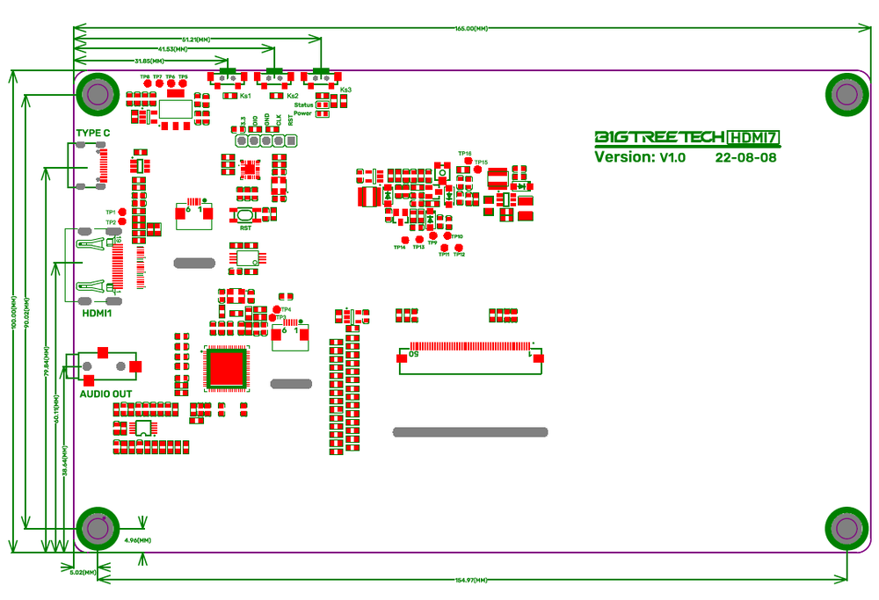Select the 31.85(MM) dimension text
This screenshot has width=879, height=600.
(x=149, y=61)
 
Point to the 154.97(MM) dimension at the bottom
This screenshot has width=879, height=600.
(x=470, y=580)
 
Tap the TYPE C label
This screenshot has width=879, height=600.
(x=93, y=134)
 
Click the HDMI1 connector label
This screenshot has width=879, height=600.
(x=98, y=313)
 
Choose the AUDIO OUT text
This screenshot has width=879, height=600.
(x=106, y=394)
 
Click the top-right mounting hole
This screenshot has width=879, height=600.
(x=846, y=94)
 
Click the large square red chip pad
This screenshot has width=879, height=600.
(x=227, y=367)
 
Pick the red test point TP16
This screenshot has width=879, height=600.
(x=467, y=160)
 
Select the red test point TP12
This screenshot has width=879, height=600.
(x=459, y=248)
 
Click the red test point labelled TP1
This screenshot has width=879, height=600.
(x=122, y=213)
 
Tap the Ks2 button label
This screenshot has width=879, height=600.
(x=292, y=95)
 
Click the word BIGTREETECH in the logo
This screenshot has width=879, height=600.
(x=659, y=137)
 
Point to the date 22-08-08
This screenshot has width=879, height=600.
(x=745, y=158)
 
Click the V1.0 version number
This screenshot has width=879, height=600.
(x=672, y=158)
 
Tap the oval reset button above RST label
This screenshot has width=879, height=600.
(x=243, y=214)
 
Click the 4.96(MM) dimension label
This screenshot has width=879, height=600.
(x=138, y=539)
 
